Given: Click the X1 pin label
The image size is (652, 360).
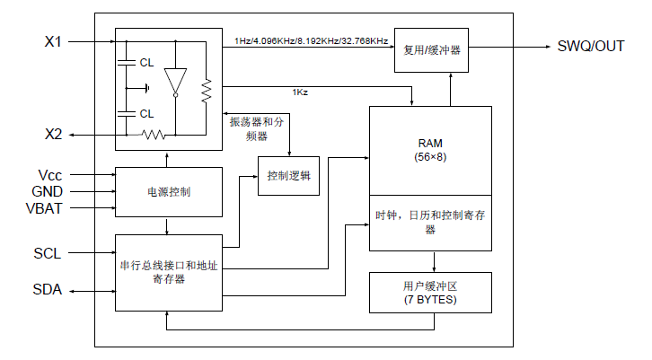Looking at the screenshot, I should click(53, 42).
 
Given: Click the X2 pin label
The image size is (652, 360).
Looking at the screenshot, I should click(53, 135).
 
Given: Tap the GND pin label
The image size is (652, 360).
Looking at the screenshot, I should click(48, 191).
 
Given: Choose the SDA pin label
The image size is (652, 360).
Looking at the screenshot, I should click(48, 289).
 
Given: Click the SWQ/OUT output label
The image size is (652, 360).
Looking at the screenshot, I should click(590, 46).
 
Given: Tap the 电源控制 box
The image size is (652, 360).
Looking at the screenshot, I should click(168, 192).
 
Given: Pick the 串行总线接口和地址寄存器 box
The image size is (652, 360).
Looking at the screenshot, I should click(168, 272).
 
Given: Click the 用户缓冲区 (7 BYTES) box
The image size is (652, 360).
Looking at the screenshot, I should click(430, 292).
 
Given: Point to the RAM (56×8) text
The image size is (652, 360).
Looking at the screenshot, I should click(430, 149).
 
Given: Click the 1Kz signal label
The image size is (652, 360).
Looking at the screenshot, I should click(301, 92).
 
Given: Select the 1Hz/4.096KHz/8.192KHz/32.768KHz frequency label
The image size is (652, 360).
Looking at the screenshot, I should click(311, 41).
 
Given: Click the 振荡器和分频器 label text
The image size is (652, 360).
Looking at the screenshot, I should click(256, 128).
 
